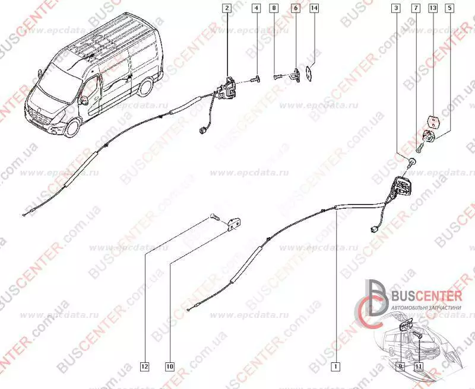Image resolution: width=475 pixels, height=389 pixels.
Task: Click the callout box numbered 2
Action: click(x=226, y=8)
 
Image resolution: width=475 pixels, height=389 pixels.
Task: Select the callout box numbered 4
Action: click(x=255, y=8)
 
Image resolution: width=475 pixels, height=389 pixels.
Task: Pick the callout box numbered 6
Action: click(x=295, y=8)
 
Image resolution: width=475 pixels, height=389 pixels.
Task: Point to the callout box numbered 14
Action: click(x=314, y=8)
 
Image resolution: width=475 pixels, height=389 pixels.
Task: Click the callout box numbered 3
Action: click(x=396, y=8)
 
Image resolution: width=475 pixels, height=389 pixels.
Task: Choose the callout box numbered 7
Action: click(x=416, y=8)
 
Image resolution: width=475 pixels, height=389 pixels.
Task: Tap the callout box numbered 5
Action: click(x=451, y=8)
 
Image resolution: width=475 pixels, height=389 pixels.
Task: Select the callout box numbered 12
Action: click(x=145, y=366)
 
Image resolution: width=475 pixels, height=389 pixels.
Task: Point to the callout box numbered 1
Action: click(x=336, y=366)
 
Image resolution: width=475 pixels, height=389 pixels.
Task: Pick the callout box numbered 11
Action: click(x=419, y=367)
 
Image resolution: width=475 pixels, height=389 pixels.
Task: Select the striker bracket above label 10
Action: click(x=233, y=222)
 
